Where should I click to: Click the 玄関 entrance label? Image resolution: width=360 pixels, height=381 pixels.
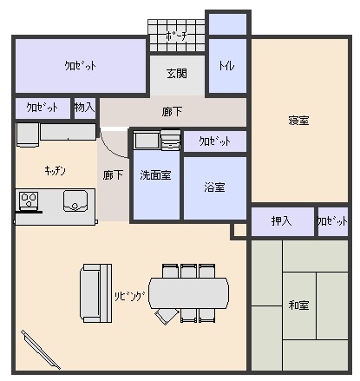point(177,74)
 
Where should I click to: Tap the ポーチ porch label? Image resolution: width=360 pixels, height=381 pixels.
point(177,36)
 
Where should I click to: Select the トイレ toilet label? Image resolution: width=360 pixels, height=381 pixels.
point(226,66)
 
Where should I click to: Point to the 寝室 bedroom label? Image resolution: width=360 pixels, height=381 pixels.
point(298,121)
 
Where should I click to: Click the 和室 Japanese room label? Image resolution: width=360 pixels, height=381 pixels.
point(298,305)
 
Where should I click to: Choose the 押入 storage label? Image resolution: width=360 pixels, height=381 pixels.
point(281,221)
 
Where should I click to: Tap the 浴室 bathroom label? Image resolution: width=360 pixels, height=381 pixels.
point(214,187)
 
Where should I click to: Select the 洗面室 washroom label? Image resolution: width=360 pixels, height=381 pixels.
point(155,175)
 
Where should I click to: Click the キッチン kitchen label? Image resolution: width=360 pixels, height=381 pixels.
point(55,170)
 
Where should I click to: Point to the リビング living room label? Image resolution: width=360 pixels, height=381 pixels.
point(129,296)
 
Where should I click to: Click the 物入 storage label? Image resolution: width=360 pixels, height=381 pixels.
point(84,108)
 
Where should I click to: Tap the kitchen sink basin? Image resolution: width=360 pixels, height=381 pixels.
point(75,200)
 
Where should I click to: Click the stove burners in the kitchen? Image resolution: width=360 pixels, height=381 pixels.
point(29,200)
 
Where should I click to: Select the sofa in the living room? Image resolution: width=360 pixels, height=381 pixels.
point(96,293)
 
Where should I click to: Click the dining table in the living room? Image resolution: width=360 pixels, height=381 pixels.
point(188,293)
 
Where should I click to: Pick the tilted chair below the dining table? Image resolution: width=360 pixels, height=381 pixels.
point(167,316)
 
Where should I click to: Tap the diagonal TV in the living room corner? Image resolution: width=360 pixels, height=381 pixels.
point(41,350)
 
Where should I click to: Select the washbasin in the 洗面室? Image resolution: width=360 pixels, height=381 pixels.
point(147,141)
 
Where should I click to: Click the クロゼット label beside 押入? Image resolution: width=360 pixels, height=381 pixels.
point(332,221)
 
